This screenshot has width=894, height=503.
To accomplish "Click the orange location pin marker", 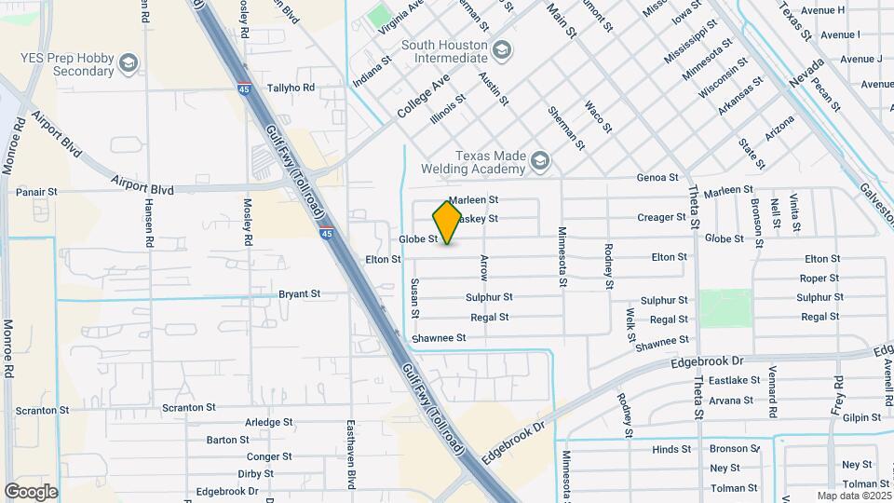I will (447, 222).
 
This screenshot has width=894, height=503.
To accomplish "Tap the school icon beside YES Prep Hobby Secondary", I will (128, 63).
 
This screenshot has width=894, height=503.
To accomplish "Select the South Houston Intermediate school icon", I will (502, 49).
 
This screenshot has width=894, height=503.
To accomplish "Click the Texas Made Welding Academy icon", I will (539, 164).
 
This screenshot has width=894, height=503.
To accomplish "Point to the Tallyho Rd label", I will (291, 88).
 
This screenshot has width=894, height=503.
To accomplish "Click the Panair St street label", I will (36, 192).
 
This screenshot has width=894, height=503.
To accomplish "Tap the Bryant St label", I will (299, 293).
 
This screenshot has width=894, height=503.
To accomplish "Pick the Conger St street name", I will (269, 456).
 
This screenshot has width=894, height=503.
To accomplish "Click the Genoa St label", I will (657, 177).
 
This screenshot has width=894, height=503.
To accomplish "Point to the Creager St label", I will (661, 217).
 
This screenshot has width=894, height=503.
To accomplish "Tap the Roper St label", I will (819, 279).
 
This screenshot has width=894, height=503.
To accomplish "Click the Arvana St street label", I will (731, 401).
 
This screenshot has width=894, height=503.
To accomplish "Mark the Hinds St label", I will (671, 449).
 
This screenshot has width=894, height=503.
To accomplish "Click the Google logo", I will (31, 491).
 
